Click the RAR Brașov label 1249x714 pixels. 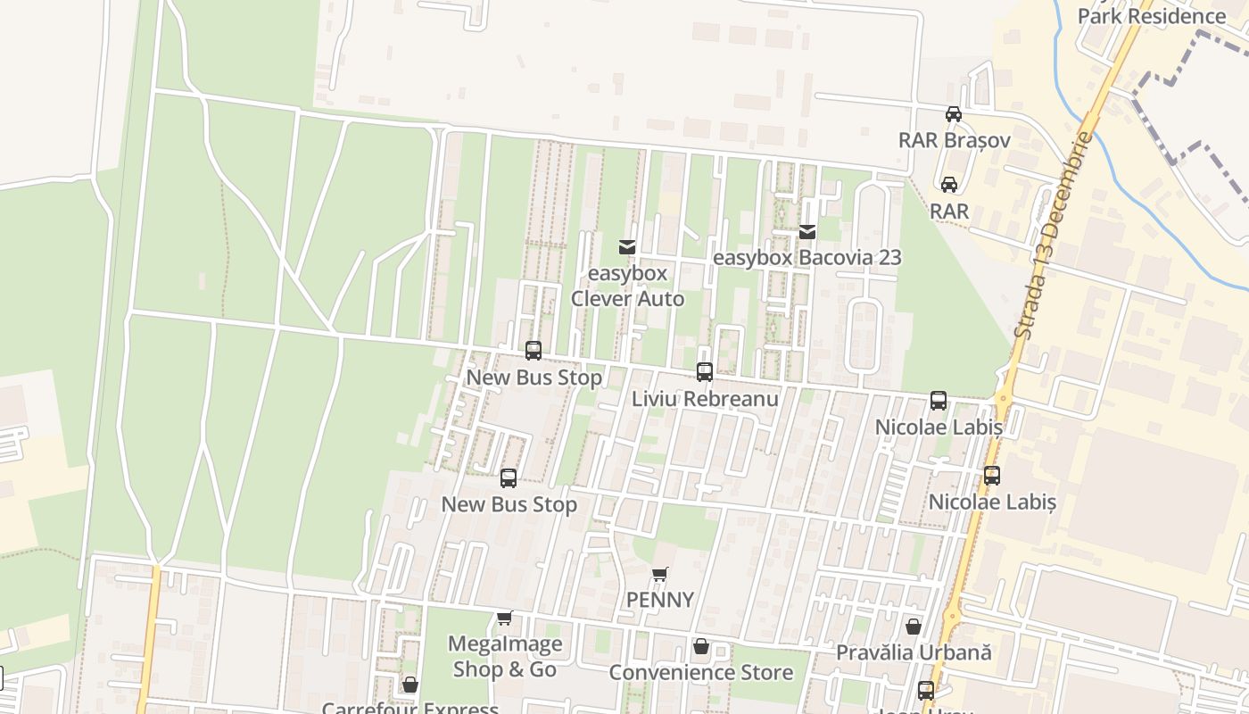[954, 140]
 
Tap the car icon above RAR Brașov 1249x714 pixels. [954, 113]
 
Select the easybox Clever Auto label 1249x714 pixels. [627, 286]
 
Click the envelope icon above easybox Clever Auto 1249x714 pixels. [627, 246]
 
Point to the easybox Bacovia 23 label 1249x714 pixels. [806, 258]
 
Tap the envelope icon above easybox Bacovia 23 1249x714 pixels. [807, 232]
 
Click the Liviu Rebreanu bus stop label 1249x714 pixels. [705, 399]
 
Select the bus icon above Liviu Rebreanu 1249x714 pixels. [705, 372]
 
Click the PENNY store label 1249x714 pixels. [659, 600]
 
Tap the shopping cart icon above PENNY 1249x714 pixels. [659, 574]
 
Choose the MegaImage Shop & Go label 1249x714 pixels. [505, 656]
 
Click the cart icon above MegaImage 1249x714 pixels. [505, 618]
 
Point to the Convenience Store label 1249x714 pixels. [700, 672]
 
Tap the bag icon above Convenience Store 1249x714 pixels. [701, 646]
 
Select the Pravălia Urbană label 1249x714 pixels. [914, 652]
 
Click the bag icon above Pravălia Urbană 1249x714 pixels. [914, 627]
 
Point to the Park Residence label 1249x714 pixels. [1151, 16]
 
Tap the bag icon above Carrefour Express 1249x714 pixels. [410, 685]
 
